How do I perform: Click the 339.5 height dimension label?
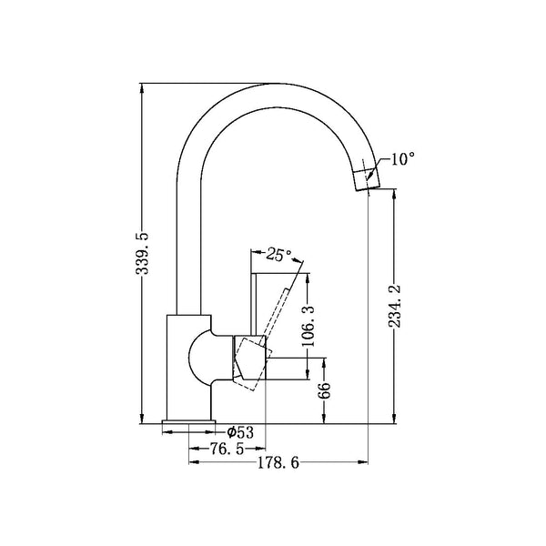[142, 254]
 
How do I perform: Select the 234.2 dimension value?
[395, 306]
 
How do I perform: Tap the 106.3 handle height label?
[308, 326]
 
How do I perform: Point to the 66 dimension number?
[324, 390]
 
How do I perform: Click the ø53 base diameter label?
[240, 432]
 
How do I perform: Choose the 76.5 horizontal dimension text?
[227, 449]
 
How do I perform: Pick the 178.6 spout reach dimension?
[278, 463]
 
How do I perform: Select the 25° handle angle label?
[278, 254]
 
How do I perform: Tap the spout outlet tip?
[368, 188]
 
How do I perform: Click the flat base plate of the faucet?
[188, 422]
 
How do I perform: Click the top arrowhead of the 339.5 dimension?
[142, 88]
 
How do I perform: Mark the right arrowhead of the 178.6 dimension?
[363, 462]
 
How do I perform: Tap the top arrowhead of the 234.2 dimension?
[395, 194]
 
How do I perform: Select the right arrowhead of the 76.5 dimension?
[260, 449]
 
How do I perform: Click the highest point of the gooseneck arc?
[278, 84]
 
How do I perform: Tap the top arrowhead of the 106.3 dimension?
[308, 278]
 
